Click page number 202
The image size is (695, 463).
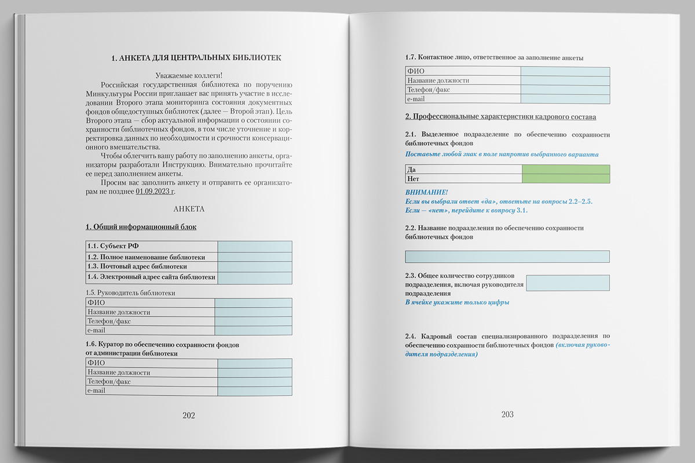pyautogui.click(x=189, y=415)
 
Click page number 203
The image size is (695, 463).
pyautogui.click(x=507, y=414)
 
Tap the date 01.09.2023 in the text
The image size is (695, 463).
pyautogui.click(x=155, y=191)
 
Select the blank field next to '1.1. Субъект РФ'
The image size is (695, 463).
pyautogui.click(x=255, y=247)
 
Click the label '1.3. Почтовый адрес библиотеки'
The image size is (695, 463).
pyautogui.click(x=137, y=267)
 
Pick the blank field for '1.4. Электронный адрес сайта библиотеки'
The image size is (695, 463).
pyautogui.click(x=255, y=277)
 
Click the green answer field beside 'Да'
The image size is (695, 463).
pyautogui.click(x=565, y=170)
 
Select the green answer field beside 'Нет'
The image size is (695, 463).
pyautogui.click(x=565, y=179)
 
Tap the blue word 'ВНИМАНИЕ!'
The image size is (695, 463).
pyautogui.click(x=426, y=192)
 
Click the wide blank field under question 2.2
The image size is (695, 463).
pyautogui.click(x=507, y=256)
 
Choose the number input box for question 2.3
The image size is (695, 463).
pyautogui.click(x=568, y=283)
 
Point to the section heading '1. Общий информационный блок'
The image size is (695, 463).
pyautogui.click(x=141, y=227)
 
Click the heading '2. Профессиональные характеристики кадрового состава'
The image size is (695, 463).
pyautogui.click(x=500, y=117)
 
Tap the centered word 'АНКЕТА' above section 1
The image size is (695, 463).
pyautogui.click(x=189, y=208)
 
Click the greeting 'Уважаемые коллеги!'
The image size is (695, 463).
pyautogui.click(x=189, y=75)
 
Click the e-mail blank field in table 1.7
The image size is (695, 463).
pyautogui.click(x=565, y=99)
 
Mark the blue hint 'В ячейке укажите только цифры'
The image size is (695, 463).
pyautogui.click(x=457, y=302)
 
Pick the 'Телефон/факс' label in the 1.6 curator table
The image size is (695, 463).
pyautogui.click(x=109, y=382)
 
